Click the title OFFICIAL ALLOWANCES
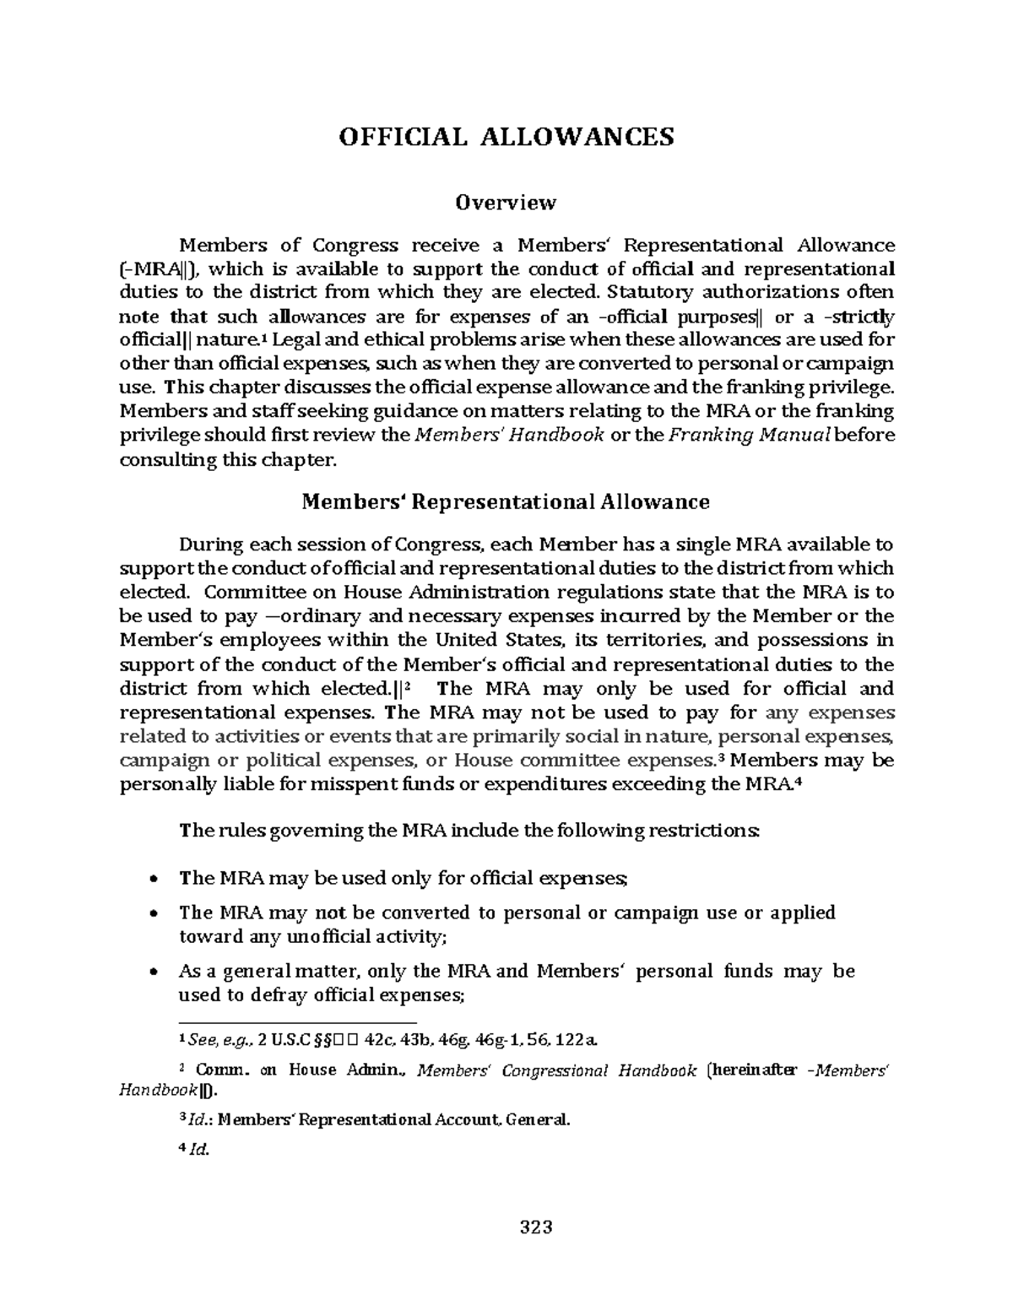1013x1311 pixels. (506, 137)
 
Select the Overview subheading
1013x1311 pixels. (506, 203)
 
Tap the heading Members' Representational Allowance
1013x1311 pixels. (506, 502)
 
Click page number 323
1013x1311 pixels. (535, 1227)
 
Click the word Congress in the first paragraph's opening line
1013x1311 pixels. (355, 246)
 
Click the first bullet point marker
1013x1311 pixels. (152, 879)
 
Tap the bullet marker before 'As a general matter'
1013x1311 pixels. (152, 972)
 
